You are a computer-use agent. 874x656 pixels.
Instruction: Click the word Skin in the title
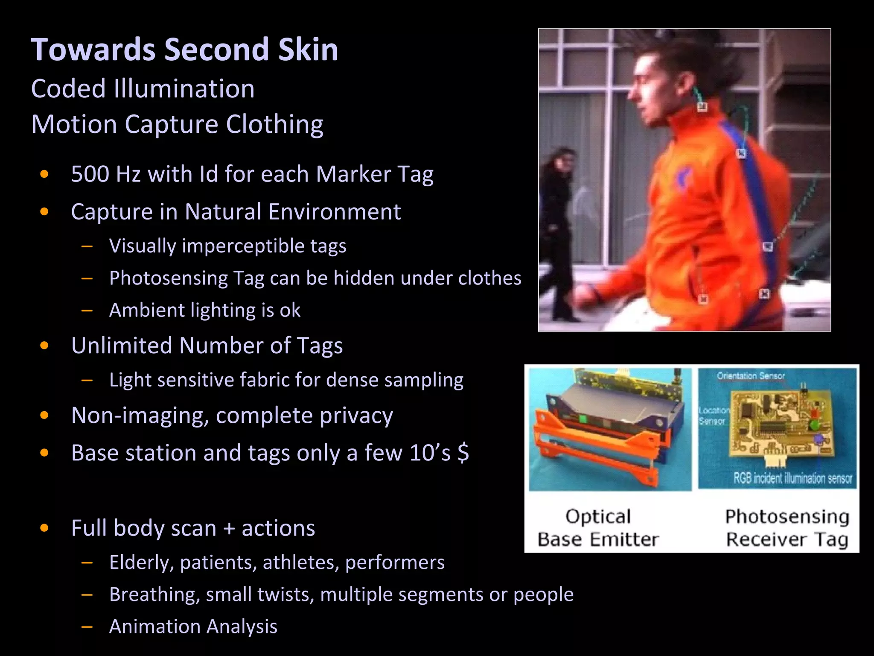coord(308,50)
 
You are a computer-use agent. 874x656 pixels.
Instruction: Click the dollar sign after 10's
coord(463,453)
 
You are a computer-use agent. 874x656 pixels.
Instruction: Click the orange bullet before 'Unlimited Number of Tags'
coord(44,346)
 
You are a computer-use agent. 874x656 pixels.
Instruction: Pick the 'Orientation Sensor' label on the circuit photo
coord(751,376)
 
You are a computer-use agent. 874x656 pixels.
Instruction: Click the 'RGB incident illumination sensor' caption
coord(793,478)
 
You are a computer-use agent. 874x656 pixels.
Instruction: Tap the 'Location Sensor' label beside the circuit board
coord(713,416)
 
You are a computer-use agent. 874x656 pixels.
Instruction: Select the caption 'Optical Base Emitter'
coord(598,528)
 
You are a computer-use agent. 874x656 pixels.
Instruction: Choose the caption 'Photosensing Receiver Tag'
coord(787,528)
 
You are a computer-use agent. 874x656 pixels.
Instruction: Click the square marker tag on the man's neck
coord(702,106)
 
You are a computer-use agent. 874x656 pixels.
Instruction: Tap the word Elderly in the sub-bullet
coord(140,562)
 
